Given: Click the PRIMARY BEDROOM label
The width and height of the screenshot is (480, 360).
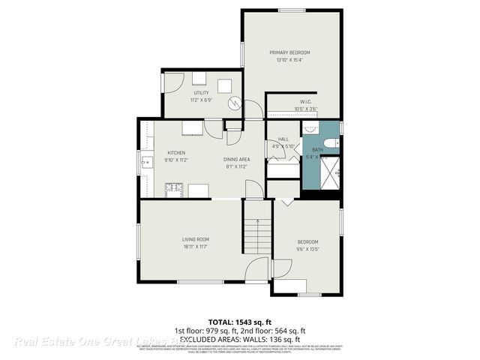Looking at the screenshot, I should [x=289, y=52].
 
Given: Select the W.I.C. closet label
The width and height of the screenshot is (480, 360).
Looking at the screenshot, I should [x=305, y=101].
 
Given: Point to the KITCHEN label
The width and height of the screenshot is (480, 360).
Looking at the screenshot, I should [x=175, y=152].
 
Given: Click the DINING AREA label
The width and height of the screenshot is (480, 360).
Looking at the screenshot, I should [x=236, y=160].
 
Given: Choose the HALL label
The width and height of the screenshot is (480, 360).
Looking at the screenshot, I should [x=283, y=139].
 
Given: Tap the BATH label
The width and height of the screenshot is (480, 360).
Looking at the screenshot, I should [x=317, y=150].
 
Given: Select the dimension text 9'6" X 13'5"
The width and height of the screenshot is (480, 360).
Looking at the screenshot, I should [x=307, y=248].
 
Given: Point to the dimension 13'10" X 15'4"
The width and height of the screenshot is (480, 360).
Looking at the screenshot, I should [x=289, y=60].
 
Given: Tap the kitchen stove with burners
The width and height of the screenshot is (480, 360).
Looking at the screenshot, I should [x=174, y=189].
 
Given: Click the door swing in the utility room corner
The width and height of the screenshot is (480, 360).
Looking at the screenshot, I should [x=172, y=81].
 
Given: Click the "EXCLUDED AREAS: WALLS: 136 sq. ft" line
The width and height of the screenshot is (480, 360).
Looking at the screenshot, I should [x=240, y=338].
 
